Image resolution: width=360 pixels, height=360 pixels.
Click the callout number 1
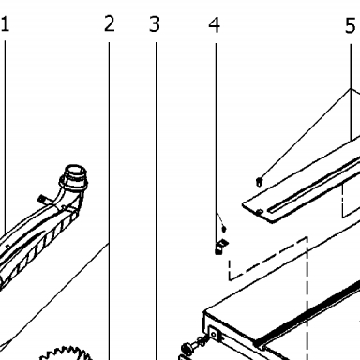pyautogui.click(x=5, y=24)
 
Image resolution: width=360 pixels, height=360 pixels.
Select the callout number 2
pyautogui.click(x=110, y=23)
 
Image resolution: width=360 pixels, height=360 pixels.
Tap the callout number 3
pyautogui.click(x=155, y=24)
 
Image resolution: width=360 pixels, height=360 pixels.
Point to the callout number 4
pyautogui.click(x=215, y=25)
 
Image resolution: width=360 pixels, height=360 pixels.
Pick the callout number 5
pyautogui.click(x=351, y=25)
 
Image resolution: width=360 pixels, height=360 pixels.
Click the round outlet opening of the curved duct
pyautogui.click(x=75, y=171)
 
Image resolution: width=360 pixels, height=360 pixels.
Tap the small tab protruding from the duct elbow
pyautogui.click(x=41, y=199)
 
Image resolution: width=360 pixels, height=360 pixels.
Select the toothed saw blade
pyautogui.click(x=67, y=353)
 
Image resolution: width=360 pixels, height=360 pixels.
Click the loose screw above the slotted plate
pyautogui.click(x=259, y=182)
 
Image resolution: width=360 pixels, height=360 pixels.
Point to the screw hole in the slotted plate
pyautogui.click(x=260, y=212)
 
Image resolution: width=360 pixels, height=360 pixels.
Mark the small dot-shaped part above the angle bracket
pyautogui.click(x=224, y=229)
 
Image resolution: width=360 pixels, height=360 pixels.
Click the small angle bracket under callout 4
pyautogui.click(x=220, y=247)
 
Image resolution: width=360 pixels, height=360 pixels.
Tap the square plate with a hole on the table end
pyautogui.click(x=214, y=335)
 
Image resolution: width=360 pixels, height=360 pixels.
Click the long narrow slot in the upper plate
pyautogui.click(x=313, y=186)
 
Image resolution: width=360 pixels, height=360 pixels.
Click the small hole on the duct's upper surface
pyautogui.click(x=7, y=247)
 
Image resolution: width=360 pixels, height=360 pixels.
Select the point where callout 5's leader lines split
pyautogui.click(x=351, y=89)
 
